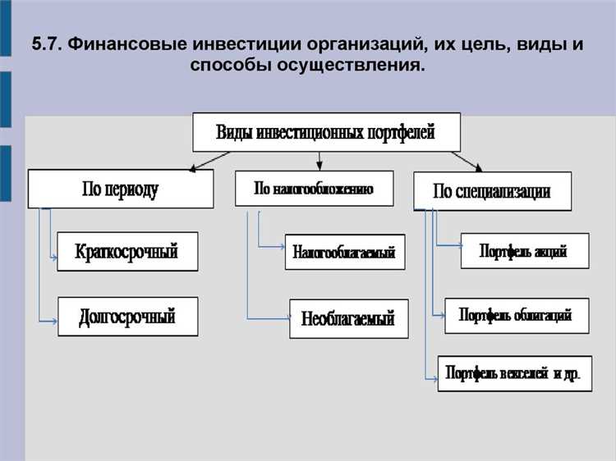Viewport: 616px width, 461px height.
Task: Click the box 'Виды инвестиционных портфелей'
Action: (x=326, y=132)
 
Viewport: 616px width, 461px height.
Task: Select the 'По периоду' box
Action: (x=120, y=189)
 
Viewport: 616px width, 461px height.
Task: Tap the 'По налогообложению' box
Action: (x=314, y=188)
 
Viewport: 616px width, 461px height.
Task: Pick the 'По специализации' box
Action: (x=492, y=192)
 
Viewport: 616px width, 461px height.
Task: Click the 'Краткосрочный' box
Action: (x=127, y=251)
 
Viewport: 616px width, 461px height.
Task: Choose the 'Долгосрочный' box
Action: (x=127, y=316)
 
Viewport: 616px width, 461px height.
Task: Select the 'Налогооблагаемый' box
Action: (x=345, y=253)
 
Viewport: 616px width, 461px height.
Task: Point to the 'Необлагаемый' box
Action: (x=348, y=317)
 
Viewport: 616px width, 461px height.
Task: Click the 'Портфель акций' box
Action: (x=524, y=251)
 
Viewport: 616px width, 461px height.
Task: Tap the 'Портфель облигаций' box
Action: (x=516, y=315)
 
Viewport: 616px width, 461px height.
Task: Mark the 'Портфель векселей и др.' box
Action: (x=513, y=373)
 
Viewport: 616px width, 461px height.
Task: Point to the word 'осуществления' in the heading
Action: (x=359, y=64)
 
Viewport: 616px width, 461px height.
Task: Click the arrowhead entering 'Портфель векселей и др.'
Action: (x=434, y=378)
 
